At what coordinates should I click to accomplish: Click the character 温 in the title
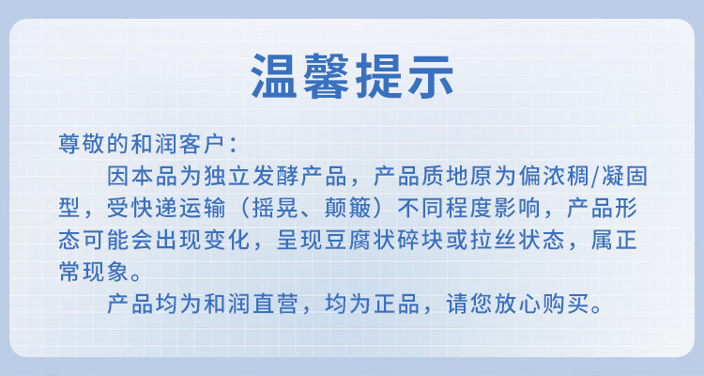[x=273, y=76]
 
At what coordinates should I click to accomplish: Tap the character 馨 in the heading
[x=326, y=76]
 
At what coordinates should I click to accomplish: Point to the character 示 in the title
[x=430, y=76]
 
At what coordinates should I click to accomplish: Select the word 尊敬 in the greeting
[x=82, y=144]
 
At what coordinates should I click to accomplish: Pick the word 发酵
[x=275, y=176]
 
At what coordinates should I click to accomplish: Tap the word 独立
[x=226, y=176]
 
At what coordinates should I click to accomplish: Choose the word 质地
[x=444, y=176]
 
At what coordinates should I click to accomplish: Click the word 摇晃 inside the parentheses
[x=275, y=209]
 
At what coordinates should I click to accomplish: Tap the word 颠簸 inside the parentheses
[x=347, y=209]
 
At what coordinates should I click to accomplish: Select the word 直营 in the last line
[x=275, y=305]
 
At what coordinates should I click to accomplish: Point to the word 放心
[x=517, y=305]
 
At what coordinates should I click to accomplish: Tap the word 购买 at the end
[x=565, y=305]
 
